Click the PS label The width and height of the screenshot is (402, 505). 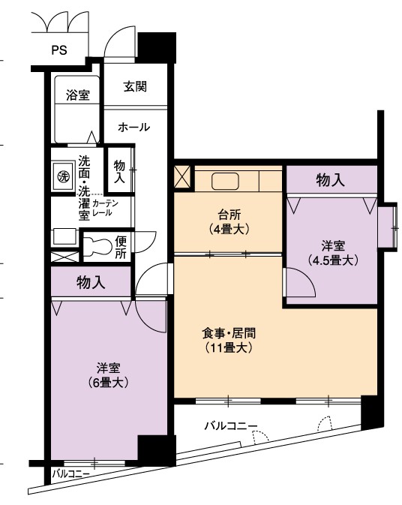pyautogui.click(x=59, y=50)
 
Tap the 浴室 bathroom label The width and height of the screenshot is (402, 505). pyautogui.click(x=78, y=95)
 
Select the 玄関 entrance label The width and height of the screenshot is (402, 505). pyautogui.click(x=135, y=86)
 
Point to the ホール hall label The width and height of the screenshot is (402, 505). pyautogui.click(x=134, y=128)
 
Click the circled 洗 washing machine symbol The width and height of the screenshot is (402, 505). pyautogui.click(x=63, y=176)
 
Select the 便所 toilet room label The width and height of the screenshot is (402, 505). pyautogui.click(x=121, y=247)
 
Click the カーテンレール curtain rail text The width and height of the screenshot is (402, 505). pyautogui.click(x=105, y=208)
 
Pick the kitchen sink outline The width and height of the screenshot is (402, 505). pyautogui.click(x=225, y=182)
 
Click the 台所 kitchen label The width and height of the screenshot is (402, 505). pyautogui.click(x=229, y=214)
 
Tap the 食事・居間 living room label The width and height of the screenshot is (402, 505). pyautogui.click(x=229, y=333)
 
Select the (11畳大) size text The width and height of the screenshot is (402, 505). pyautogui.click(x=229, y=348)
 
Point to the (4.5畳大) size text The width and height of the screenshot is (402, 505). pyautogui.click(x=333, y=260)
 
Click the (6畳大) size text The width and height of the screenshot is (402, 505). pyautogui.click(x=109, y=383)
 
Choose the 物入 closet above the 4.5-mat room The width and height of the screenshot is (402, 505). pyautogui.click(x=330, y=180)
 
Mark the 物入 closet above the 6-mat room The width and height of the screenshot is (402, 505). pyautogui.click(x=91, y=282)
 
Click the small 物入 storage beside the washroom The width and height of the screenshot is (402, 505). pyautogui.click(x=119, y=171)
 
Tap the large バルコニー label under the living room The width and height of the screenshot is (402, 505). pyautogui.click(x=231, y=426)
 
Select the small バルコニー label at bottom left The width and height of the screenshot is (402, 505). pyautogui.click(x=71, y=473)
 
